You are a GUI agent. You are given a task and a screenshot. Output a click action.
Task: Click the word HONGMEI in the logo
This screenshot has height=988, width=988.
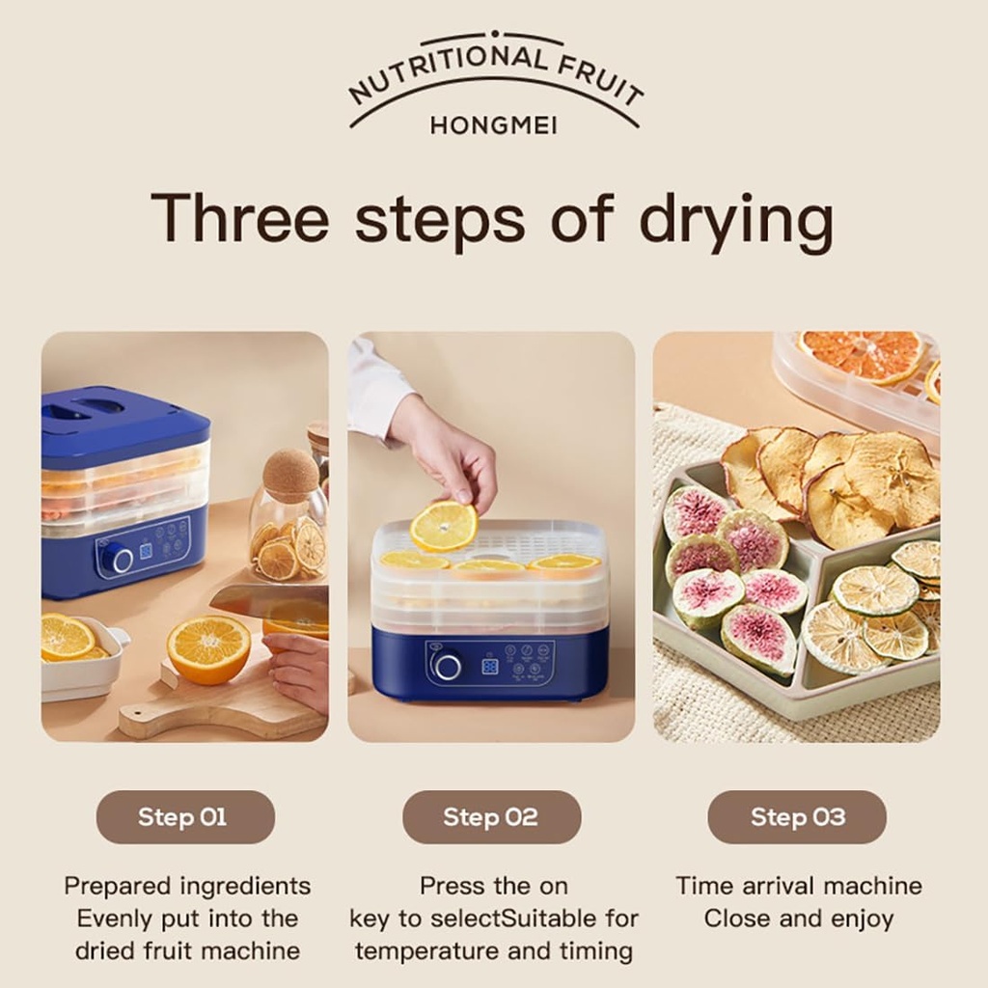pos(493,126)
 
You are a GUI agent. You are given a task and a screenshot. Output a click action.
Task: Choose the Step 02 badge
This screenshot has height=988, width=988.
pos(491,817)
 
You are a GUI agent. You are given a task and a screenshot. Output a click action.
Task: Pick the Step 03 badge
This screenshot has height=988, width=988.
pos(797,817)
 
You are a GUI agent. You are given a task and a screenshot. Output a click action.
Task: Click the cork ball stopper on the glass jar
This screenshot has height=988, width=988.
pos(290,474)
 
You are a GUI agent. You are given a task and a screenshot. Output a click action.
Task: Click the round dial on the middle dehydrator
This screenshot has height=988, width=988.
pos(447,666)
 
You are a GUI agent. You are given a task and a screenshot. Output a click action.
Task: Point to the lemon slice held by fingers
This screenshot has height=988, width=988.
pos(444,526)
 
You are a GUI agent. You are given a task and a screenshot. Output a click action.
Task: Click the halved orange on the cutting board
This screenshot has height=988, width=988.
pos(208,648)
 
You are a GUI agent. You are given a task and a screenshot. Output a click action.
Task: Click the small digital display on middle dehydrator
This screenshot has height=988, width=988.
pos(490,666)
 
